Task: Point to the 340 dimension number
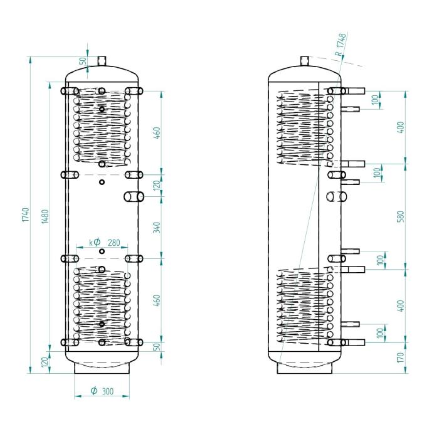point(157,227)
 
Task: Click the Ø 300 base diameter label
point(102,391)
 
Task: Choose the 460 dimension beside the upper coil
point(157,133)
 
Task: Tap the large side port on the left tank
point(133,196)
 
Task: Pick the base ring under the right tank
point(305,369)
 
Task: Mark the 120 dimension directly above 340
point(157,185)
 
